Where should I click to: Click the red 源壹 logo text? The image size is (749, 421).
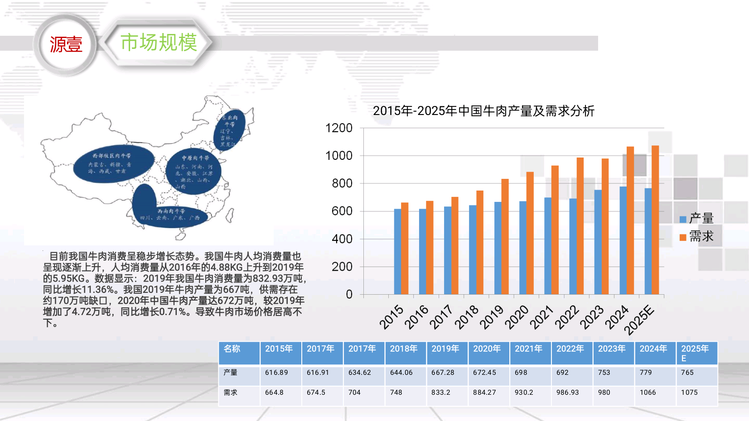[66, 44]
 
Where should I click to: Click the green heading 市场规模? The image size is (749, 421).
[159, 43]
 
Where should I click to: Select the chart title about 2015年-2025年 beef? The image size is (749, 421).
[483, 111]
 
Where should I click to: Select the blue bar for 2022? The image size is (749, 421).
[573, 246]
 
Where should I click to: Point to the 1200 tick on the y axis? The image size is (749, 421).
[339, 128]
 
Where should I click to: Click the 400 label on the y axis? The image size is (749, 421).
[342, 239]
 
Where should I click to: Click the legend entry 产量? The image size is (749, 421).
[697, 219]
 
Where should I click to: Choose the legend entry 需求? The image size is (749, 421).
[697, 237]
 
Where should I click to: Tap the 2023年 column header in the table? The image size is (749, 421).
[612, 349]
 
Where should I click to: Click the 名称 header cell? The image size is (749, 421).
[232, 349]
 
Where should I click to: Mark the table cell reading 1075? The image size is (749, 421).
[689, 392]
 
